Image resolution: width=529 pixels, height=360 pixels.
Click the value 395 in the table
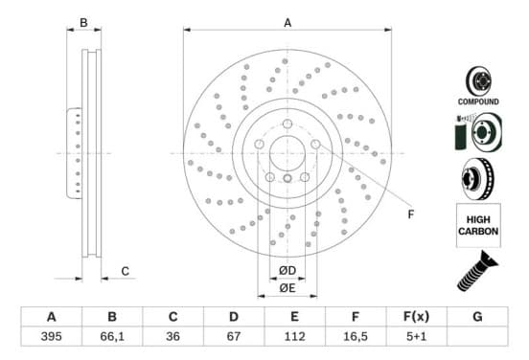(x=52, y=336)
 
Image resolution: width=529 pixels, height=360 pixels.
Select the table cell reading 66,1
(x=112, y=336)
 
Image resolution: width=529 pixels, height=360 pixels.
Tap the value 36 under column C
(x=172, y=336)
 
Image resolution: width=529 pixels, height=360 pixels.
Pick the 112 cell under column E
(x=294, y=336)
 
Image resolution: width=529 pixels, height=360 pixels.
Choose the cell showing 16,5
(x=356, y=336)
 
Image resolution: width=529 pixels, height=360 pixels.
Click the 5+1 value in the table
(x=416, y=336)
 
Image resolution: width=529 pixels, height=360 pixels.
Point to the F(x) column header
(x=416, y=317)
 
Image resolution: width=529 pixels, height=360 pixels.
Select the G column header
(x=477, y=317)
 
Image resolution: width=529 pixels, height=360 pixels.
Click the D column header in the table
(x=234, y=317)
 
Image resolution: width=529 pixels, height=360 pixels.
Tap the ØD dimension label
(x=287, y=270)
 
